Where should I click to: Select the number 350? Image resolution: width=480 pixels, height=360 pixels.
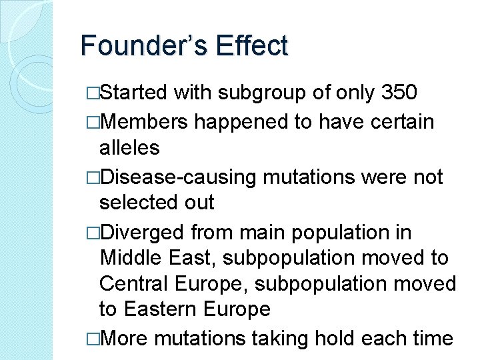pyautogui.click(x=399, y=93)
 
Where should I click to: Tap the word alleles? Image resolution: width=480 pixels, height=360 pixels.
pyautogui.click(x=129, y=147)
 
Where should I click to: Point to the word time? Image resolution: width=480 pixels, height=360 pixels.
pyautogui.click(x=433, y=338)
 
